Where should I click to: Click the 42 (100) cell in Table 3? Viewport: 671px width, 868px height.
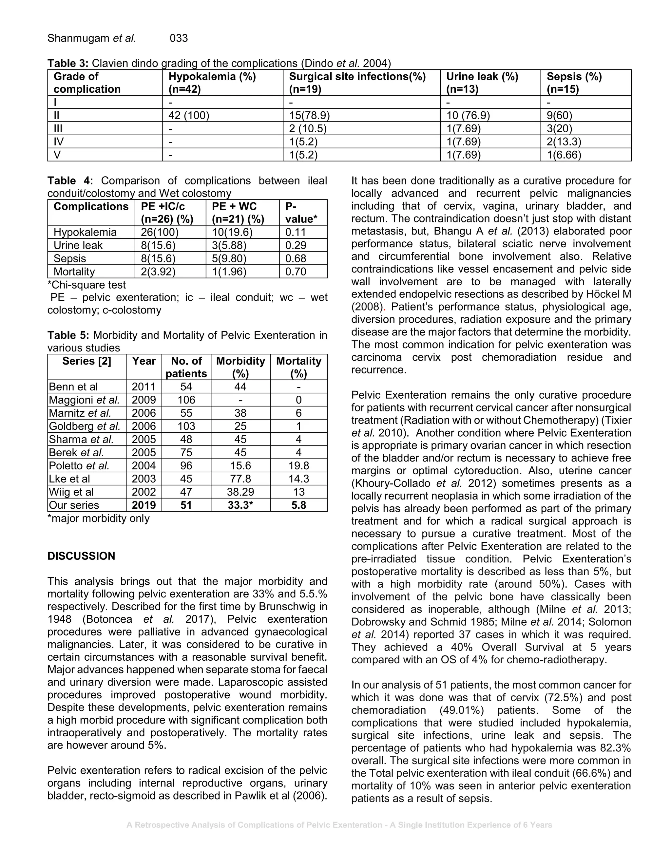[189, 115]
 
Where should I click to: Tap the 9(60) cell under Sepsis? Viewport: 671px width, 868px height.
[559, 115]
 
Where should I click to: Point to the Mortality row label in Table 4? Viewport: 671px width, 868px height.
[74, 272]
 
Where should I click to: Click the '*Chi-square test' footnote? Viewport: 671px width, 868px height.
[86, 285]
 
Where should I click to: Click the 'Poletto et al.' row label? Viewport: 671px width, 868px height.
[79, 465]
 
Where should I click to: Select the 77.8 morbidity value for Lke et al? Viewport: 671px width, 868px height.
[240, 479]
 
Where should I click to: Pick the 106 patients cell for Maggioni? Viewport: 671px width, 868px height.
[186, 400]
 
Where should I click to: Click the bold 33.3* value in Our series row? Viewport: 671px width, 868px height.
[240, 505]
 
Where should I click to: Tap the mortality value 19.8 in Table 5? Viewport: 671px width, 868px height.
[298, 465]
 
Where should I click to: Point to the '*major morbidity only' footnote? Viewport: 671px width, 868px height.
[98, 518]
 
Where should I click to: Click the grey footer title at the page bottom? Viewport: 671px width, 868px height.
[339, 825]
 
